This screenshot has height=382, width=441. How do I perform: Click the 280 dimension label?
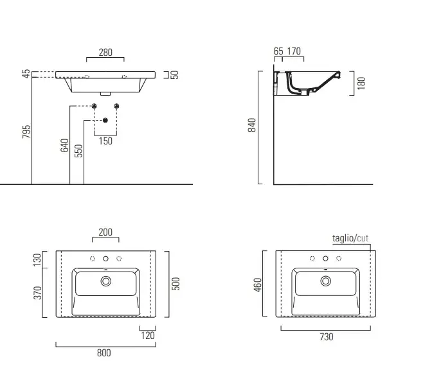click(105, 52)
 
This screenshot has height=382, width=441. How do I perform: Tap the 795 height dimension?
click(26, 132)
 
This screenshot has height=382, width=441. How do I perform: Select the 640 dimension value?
click(64, 145)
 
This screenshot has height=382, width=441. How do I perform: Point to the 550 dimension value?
click(78, 150)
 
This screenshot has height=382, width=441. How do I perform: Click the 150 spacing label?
click(105, 141)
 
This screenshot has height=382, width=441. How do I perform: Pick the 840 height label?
click(252, 125)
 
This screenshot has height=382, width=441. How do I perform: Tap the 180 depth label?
click(361, 83)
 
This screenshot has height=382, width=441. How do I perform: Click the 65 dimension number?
click(278, 51)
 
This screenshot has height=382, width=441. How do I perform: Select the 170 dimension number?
click(294, 51)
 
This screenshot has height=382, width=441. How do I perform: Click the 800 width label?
click(104, 353)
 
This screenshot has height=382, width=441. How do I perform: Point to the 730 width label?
click(327, 336)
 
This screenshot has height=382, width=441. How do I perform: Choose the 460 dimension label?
click(258, 284)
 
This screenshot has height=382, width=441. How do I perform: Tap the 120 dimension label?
click(148, 335)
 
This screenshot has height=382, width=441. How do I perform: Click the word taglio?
click(343, 238)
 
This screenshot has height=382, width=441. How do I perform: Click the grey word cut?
click(363, 238)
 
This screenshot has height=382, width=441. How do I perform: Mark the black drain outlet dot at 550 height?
click(105, 120)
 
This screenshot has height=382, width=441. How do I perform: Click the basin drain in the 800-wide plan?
click(105, 281)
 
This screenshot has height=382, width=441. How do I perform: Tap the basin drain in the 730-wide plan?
click(326, 281)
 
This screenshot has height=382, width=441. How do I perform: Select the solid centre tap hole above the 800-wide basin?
click(105, 259)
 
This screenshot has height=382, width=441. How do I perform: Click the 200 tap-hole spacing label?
click(105, 232)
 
